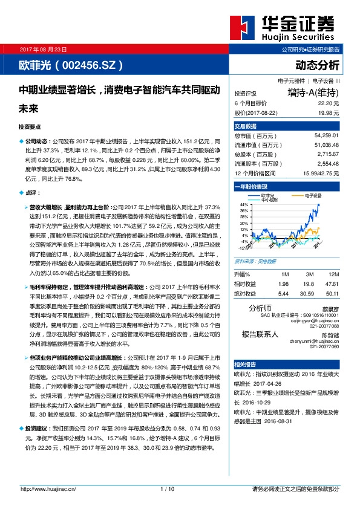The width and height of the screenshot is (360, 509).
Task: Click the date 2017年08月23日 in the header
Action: pyautogui.click(x=45, y=48)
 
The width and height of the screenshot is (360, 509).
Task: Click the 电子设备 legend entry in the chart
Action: pyautogui.click(x=313, y=196)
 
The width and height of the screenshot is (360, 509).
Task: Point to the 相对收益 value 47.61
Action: pyautogui.click(x=330, y=283)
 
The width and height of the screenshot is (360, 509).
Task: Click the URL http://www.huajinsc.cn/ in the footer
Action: pyautogui.click(x=48, y=488)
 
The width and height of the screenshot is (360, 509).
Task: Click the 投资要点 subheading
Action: pyautogui.click(x=30, y=126)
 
